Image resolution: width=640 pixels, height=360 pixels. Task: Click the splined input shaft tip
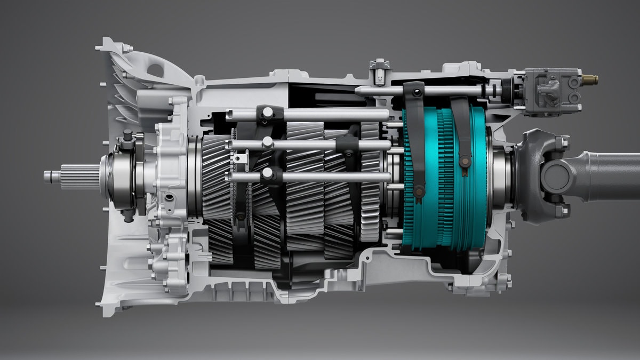(x=53, y=175)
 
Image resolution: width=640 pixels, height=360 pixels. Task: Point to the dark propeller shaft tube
(x=608, y=175)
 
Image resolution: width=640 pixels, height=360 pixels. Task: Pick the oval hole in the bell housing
(x=155, y=69)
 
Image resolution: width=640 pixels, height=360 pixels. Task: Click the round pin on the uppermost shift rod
(x=267, y=111)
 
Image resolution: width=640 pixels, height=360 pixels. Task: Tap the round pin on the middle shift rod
(x=268, y=141)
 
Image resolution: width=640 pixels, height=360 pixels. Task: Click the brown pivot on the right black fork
(x=466, y=158)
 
